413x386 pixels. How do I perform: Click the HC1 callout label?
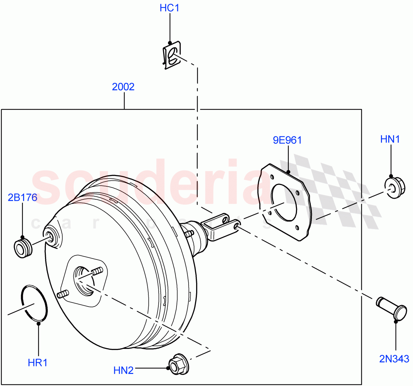(169, 8)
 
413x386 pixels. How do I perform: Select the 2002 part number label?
(123, 87)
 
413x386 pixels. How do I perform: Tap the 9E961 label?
(287, 140)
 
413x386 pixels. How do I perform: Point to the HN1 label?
(390, 139)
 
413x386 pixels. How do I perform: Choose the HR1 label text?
(38, 362)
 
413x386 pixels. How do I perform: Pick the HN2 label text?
(123, 370)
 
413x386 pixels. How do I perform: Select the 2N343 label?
(394, 359)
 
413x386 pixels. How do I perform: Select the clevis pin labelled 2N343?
(392, 308)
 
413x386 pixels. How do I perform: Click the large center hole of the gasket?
(284, 202)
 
